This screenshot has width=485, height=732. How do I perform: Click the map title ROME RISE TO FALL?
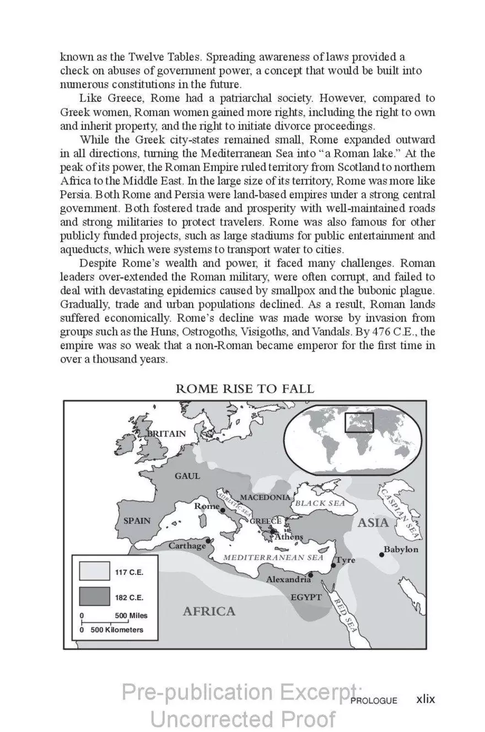[245, 388]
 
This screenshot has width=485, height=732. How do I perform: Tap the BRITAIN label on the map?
[166, 433]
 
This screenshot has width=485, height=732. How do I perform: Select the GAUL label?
[187, 476]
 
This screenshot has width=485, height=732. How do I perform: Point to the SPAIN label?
[137, 520]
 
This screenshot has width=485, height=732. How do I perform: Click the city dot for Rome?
[222, 511]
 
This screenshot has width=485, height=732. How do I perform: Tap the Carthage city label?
[186, 546]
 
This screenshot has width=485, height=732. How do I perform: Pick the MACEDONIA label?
[265, 497]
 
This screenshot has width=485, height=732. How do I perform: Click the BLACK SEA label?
[320, 503]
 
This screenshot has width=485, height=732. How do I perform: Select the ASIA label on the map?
[373, 522]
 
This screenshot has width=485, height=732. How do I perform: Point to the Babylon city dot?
[381, 554]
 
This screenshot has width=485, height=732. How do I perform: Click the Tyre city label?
[346, 560]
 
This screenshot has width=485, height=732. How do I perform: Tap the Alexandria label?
[288, 579]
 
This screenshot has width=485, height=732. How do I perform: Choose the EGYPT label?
[306, 597]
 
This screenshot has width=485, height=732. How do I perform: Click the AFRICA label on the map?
[208, 611]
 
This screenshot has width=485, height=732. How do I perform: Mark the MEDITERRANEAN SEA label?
[273, 557]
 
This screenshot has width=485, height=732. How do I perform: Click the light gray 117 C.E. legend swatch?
[94, 571]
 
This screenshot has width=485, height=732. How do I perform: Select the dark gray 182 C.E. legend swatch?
[94, 597]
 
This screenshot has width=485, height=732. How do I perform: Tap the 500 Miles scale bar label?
[131, 616]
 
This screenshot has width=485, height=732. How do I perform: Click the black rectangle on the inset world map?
[359, 422]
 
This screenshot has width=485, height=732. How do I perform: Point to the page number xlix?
[425, 699]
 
